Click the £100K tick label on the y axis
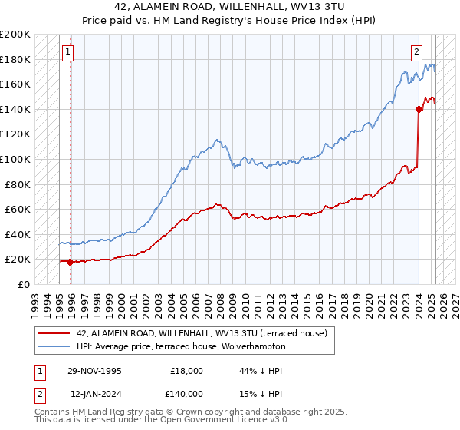tap(15, 159)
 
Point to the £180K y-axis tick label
tap(15, 59)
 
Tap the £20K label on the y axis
tap(18, 260)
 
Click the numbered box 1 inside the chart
tap(68, 52)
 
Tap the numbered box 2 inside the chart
tap(416, 52)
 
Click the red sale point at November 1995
tap(71, 262)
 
